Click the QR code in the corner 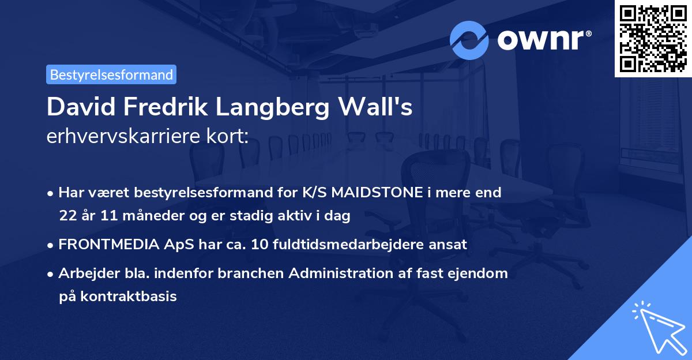653,39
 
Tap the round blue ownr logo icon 469,40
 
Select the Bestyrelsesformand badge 111,74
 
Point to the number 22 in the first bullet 67,216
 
